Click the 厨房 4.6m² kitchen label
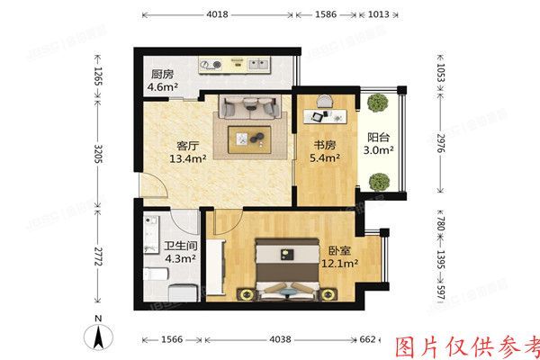162,82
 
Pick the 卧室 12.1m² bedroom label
339,256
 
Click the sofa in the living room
248,107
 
